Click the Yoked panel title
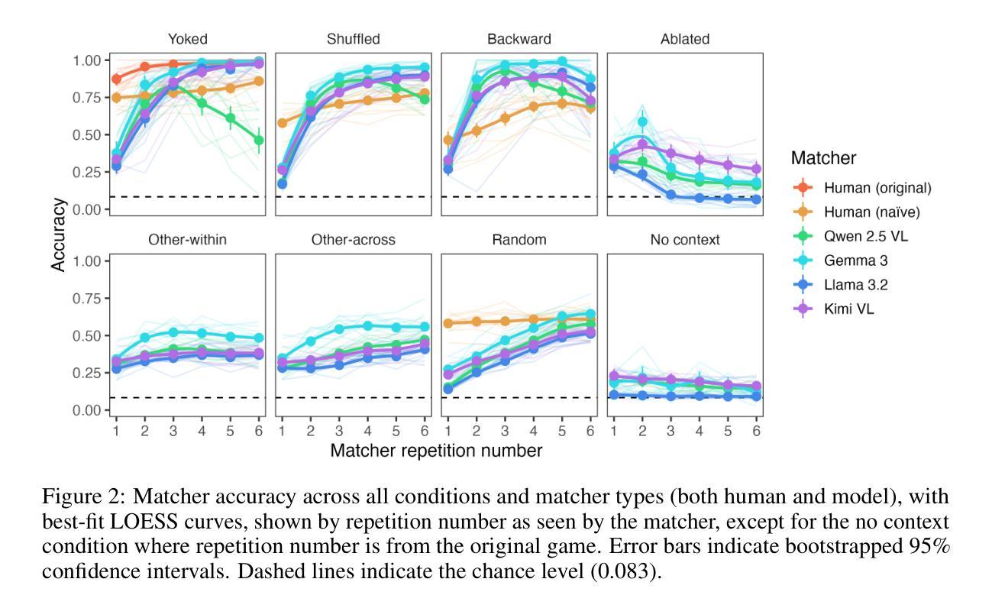(188, 39)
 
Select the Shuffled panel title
(354, 39)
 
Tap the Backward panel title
(519, 39)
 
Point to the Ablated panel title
(685, 39)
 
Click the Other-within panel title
(188, 240)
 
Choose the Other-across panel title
(354, 240)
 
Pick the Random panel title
(519, 240)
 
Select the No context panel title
(685, 240)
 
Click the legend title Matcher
(823, 158)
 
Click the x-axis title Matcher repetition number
(436, 451)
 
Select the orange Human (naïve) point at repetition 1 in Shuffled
(283, 123)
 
